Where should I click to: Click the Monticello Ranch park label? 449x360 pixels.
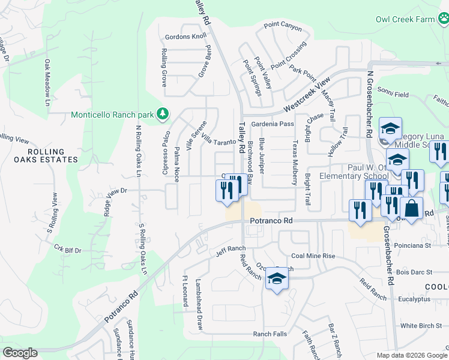112,115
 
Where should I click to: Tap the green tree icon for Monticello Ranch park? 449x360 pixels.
162,113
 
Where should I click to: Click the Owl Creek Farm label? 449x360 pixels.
405,19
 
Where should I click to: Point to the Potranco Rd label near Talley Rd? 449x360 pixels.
271,221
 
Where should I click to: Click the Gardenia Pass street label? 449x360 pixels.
272,124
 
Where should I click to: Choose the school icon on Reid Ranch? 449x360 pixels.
277,278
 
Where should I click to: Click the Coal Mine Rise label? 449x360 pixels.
313,256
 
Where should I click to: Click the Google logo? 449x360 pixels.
20,353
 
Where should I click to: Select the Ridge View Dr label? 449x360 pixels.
116,191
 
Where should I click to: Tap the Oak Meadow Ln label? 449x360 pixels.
46,82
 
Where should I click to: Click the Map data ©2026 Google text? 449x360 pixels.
412,355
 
